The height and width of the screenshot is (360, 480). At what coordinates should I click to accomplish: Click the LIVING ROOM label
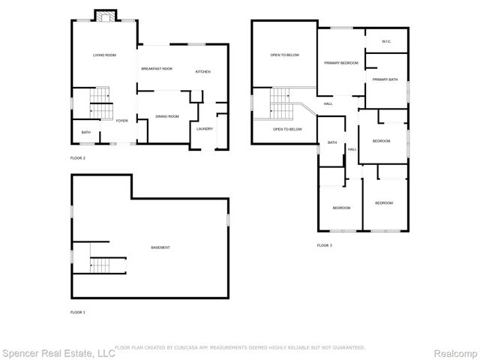click(x=104, y=55)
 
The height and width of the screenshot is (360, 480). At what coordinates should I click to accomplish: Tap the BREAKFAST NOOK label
click(x=157, y=69)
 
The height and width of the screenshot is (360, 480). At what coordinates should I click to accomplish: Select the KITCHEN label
click(x=202, y=71)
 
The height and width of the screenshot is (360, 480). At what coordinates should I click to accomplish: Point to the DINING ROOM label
click(x=166, y=116)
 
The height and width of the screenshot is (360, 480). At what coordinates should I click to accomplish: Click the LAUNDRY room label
click(x=205, y=128)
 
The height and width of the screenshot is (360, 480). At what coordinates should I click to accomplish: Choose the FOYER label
click(x=121, y=120)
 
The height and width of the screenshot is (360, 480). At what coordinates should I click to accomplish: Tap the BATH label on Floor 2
click(x=85, y=133)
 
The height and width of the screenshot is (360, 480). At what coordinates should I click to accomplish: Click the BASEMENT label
click(x=160, y=247)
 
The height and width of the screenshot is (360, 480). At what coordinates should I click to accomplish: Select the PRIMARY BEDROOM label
click(x=340, y=63)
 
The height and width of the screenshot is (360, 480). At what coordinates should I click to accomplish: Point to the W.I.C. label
click(x=385, y=41)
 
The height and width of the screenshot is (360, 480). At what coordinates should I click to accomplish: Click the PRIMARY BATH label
click(x=385, y=79)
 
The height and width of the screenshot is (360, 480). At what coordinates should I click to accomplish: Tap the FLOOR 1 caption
click(x=78, y=311)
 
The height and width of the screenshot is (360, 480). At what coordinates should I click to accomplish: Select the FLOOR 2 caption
click(x=78, y=158)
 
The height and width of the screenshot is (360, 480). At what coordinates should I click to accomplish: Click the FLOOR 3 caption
click(x=324, y=245)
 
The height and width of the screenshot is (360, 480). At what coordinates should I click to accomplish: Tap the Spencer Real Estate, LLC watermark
click(x=58, y=352)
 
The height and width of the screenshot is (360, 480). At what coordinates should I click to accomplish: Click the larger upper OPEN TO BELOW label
click(x=285, y=55)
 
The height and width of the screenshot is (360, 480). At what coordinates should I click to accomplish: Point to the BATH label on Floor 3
click(x=331, y=142)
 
